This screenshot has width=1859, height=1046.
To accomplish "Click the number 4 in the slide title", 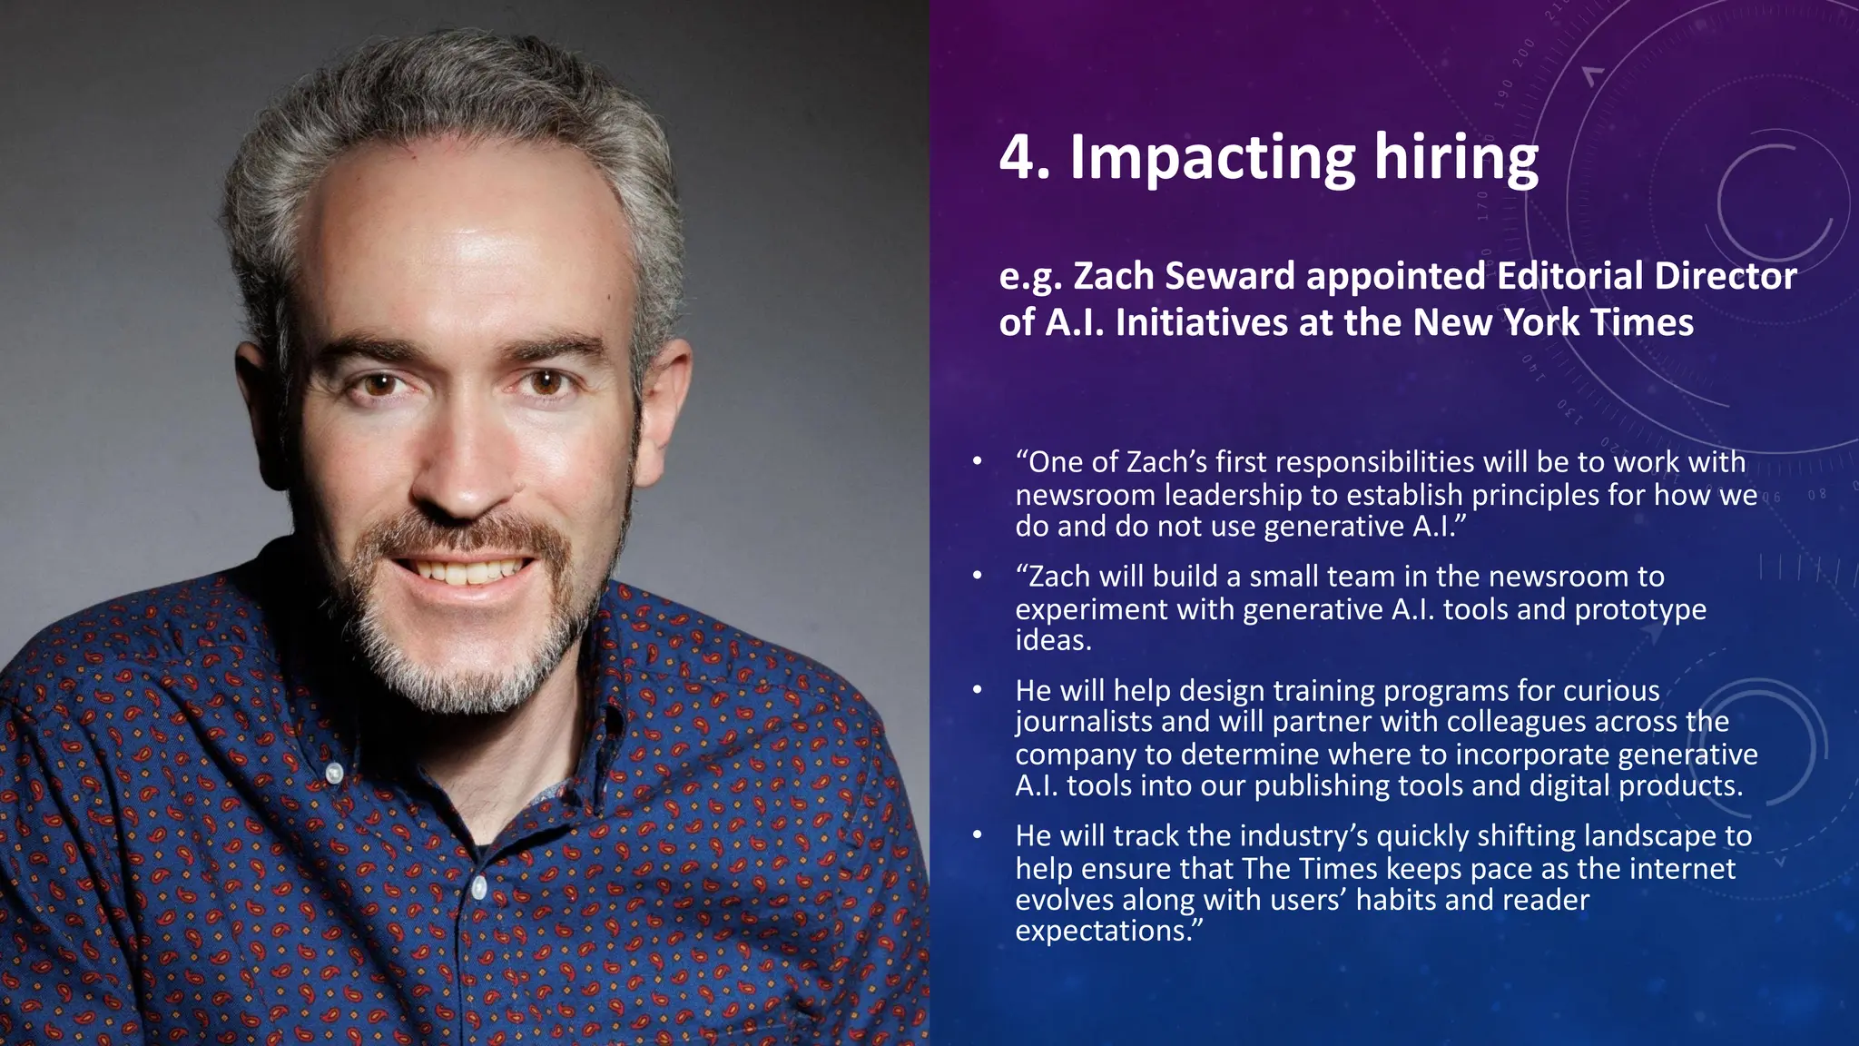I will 1018,158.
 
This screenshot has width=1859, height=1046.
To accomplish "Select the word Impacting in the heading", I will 1213,160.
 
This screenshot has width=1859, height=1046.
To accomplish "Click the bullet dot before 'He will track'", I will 977,834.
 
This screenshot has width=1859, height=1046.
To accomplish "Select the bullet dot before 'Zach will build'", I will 977,575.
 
